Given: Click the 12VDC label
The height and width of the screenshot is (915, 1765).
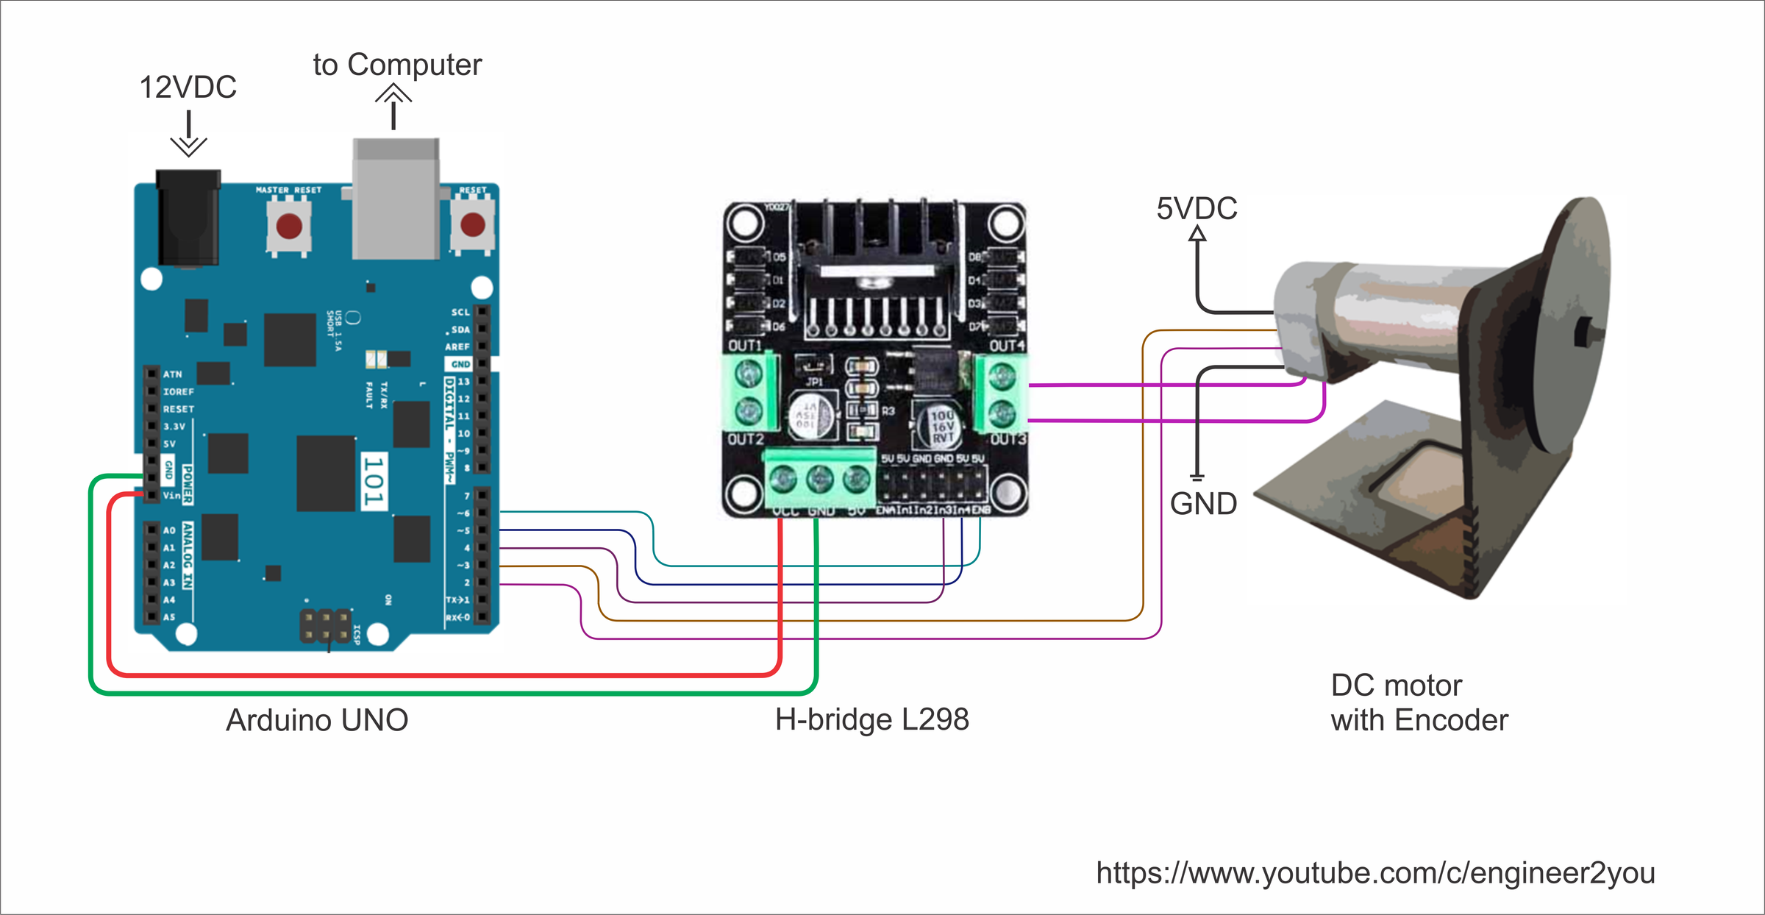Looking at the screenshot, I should click(188, 87).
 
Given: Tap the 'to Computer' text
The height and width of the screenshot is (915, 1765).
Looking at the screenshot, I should click(397, 65).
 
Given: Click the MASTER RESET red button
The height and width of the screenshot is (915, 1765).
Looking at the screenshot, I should click(288, 226).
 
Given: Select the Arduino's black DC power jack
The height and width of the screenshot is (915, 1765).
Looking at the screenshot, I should click(188, 218).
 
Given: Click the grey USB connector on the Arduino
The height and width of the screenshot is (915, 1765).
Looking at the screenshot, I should click(396, 199).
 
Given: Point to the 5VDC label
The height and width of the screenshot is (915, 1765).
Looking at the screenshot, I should click(1197, 209).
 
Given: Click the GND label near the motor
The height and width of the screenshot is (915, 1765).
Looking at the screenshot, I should click(1203, 505).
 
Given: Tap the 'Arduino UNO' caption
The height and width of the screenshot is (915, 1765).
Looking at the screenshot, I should click(317, 720).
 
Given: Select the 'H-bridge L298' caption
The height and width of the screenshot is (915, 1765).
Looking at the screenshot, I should click(871, 719).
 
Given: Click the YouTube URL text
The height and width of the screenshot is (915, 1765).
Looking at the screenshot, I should click(1375, 873).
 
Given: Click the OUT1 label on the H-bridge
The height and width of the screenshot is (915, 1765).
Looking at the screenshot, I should click(744, 346).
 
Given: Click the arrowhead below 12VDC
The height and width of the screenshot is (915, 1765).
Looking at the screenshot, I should click(188, 146).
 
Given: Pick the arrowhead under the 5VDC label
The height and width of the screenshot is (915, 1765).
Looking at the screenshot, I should click(1197, 234).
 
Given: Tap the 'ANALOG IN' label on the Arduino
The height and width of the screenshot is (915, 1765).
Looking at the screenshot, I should click(188, 555).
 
